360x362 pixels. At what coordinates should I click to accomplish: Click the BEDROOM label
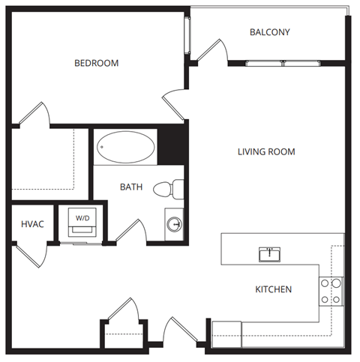[96, 63]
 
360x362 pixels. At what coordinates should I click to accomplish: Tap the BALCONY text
[269, 32]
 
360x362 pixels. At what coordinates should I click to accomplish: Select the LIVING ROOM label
[266, 151]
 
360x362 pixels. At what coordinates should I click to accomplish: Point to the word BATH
[132, 187]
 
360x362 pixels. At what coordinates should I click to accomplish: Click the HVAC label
[32, 223]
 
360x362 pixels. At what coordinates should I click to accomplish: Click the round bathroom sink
[174, 224]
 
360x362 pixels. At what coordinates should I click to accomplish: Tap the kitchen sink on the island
[269, 254]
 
